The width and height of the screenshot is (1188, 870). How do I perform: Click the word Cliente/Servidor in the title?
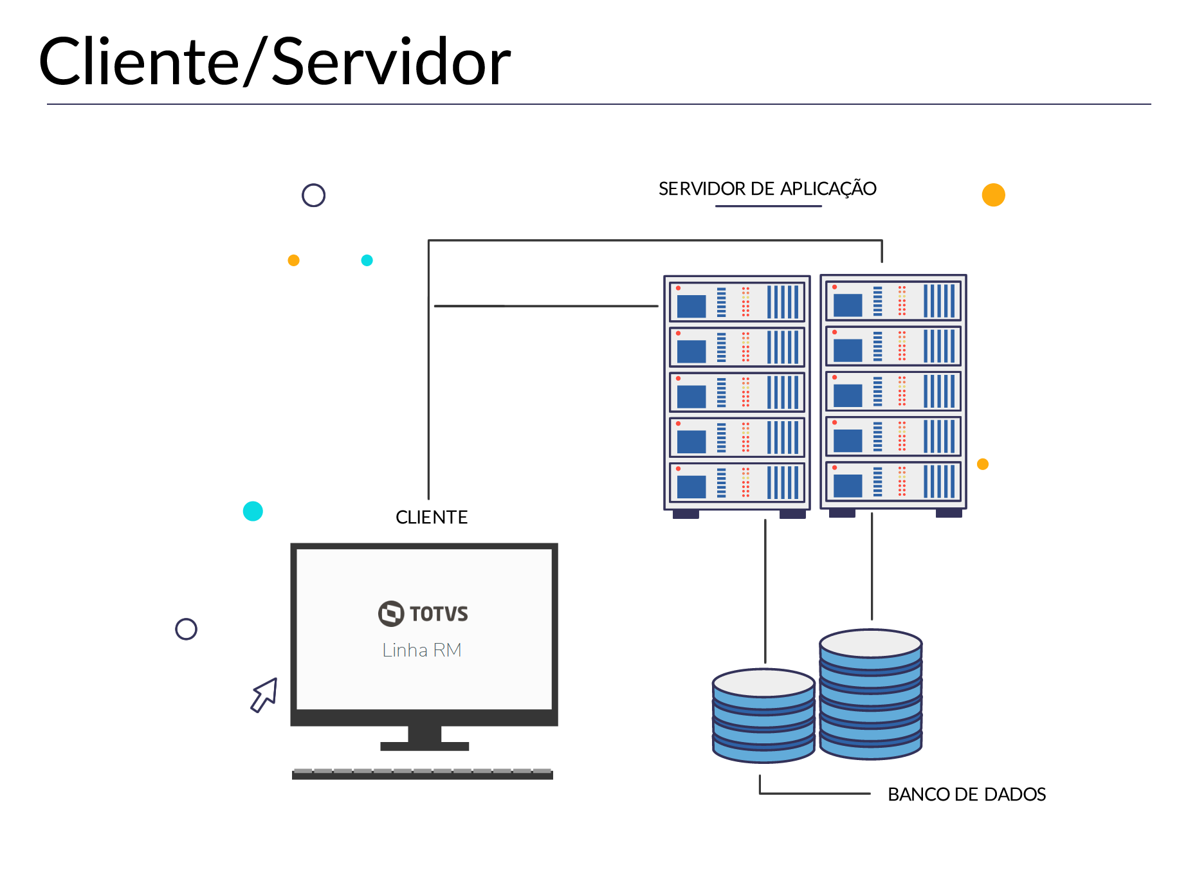275,62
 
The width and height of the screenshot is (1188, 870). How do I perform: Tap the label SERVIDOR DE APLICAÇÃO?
767,189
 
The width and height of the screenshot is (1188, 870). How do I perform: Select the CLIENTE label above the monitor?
432,518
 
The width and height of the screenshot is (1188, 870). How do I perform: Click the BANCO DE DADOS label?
966,795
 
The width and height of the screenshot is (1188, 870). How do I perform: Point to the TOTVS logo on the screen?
423,613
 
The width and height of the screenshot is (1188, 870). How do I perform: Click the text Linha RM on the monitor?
422,650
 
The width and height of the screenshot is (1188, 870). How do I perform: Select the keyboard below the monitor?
423,774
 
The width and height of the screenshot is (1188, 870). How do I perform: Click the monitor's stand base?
425,746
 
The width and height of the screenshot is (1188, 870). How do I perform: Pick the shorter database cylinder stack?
763,716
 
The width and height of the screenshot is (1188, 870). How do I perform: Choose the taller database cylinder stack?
871,694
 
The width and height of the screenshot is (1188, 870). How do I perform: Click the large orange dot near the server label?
993,195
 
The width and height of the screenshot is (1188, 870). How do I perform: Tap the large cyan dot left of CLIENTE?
253,511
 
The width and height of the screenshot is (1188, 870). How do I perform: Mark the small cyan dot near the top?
367,260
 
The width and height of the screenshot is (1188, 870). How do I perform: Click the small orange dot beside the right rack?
982,464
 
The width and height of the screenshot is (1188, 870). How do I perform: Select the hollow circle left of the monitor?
186,629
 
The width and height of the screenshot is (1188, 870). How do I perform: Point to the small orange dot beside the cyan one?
293,260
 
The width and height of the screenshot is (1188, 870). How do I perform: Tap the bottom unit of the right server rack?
893,482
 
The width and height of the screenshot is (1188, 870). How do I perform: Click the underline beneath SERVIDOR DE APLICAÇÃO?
768,206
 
